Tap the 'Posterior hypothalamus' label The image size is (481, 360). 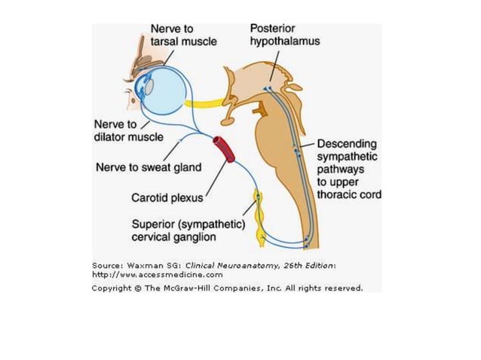pos(284,35)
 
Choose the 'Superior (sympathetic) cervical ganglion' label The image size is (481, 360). pos(185,230)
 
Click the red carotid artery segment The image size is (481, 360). pos(223,150)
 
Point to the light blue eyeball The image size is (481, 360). pos(164,90)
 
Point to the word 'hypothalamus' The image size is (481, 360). pos(284,42)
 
